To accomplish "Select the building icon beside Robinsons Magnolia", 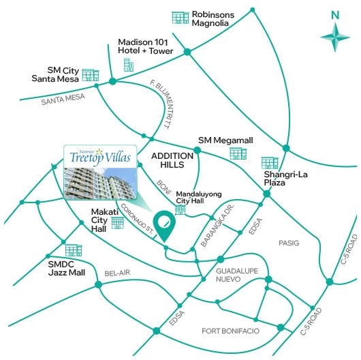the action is coord(180,18).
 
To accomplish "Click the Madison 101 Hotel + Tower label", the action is coord(145,46).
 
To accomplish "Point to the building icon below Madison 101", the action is coord(128,65).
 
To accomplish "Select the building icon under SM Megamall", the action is coord(238,153).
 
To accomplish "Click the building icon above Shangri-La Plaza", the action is coord(270,162).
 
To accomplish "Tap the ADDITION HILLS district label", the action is coord(176,160).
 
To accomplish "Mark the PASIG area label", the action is coord(289,242).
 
